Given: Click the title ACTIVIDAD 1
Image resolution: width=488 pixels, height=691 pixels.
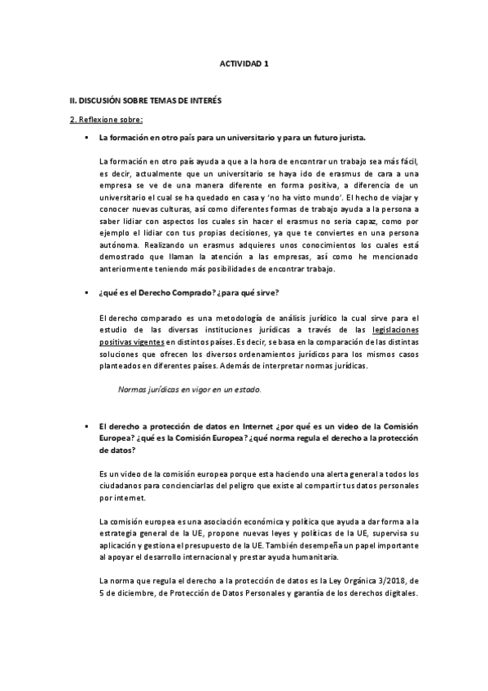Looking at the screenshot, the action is point(244,62).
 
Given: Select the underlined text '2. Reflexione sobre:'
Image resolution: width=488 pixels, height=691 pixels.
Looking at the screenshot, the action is point(106,120).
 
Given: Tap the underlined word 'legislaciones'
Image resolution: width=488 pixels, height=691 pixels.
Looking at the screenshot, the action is point(395,329).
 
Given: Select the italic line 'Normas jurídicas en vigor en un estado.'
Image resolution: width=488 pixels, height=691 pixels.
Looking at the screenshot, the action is point(190,390).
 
